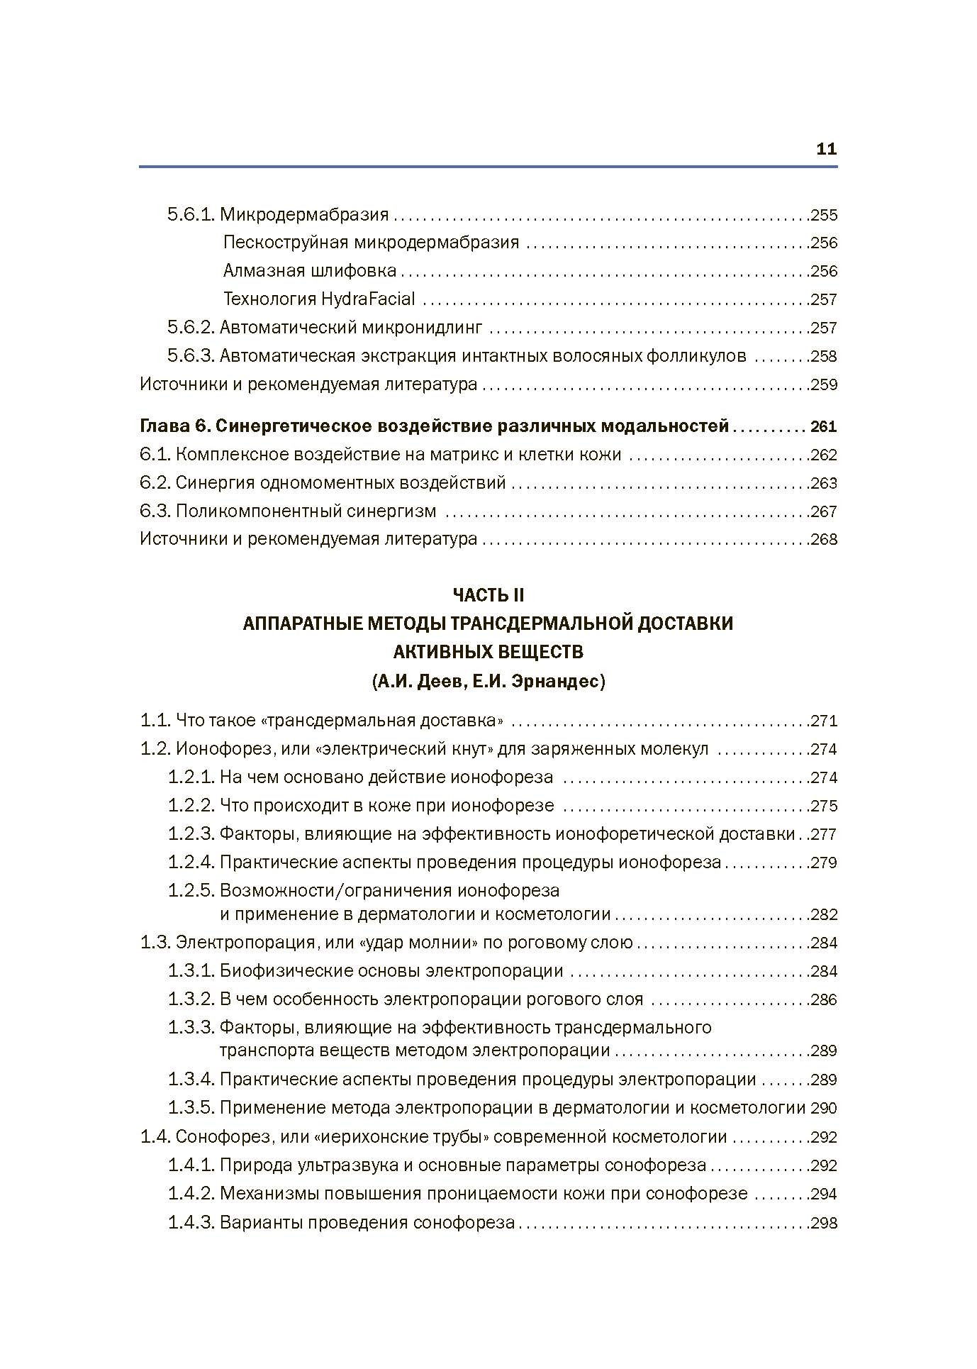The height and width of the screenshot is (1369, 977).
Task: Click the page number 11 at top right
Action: [827, 150]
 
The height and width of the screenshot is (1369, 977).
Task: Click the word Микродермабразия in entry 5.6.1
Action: [304, 214]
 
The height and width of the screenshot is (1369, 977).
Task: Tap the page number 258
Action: [824, 356]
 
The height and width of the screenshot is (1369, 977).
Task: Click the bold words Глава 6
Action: [173, 426]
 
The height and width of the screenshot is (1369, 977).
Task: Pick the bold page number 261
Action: [824, 427]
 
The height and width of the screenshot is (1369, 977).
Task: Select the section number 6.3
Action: [154, 511]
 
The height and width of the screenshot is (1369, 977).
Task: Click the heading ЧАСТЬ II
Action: [488, 594]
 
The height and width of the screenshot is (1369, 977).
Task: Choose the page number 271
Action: [824, 721]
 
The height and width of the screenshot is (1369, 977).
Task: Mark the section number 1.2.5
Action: [191, 890]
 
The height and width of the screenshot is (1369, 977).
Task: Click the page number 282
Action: [824, 915]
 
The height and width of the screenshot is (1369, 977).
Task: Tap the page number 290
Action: [824, 1108]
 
